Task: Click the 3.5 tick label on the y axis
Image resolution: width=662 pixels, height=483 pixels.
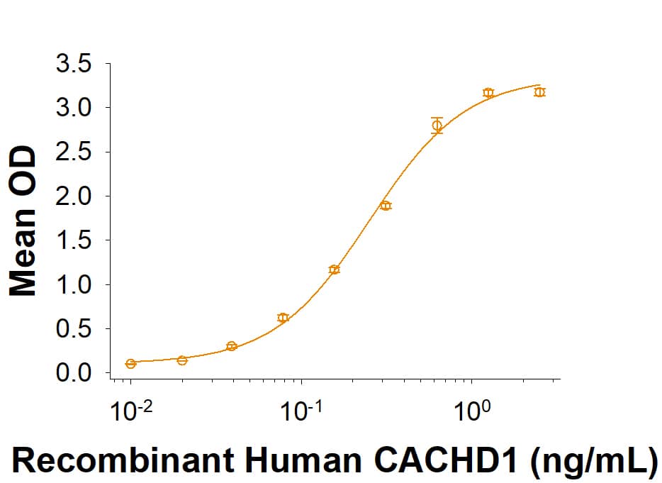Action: point(73,65)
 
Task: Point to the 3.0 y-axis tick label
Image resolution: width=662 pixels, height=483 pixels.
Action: point(73,109)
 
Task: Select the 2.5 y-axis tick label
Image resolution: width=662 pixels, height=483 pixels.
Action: point(73,152)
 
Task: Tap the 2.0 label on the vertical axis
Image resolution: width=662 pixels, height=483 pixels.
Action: point(73,196)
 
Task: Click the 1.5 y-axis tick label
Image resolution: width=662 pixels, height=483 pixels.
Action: point(73,240)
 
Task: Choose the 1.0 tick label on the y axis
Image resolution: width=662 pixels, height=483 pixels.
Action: point(73,285)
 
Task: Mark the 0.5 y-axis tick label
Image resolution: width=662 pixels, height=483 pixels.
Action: point(73,329)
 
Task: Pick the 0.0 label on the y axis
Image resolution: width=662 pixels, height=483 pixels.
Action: point(73,373)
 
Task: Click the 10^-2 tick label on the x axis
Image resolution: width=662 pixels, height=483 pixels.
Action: point(130,410)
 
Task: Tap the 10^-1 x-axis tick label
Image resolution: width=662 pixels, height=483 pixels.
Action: point(301,410)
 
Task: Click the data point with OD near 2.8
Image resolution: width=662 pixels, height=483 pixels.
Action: point(437,126)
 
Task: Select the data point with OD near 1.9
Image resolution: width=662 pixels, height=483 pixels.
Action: point(386,206)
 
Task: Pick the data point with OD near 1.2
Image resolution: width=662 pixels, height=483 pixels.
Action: point(335,270)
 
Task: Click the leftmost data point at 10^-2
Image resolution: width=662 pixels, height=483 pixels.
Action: point(130,364)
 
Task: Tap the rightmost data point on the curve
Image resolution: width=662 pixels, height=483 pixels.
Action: point(539,91)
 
